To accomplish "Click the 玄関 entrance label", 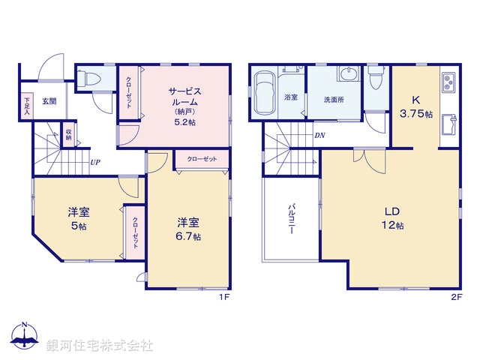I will (49, 100).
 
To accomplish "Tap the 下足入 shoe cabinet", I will (27, 106).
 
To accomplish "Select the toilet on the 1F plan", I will (87, 78).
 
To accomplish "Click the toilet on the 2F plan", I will (376, 79).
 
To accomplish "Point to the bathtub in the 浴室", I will (265, 94).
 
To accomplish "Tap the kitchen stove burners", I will (448, 81).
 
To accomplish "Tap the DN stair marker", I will (319, 136).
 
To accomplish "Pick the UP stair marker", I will (95, 161).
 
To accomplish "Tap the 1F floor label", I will (223, 297).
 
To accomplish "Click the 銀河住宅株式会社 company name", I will (100, 346).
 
